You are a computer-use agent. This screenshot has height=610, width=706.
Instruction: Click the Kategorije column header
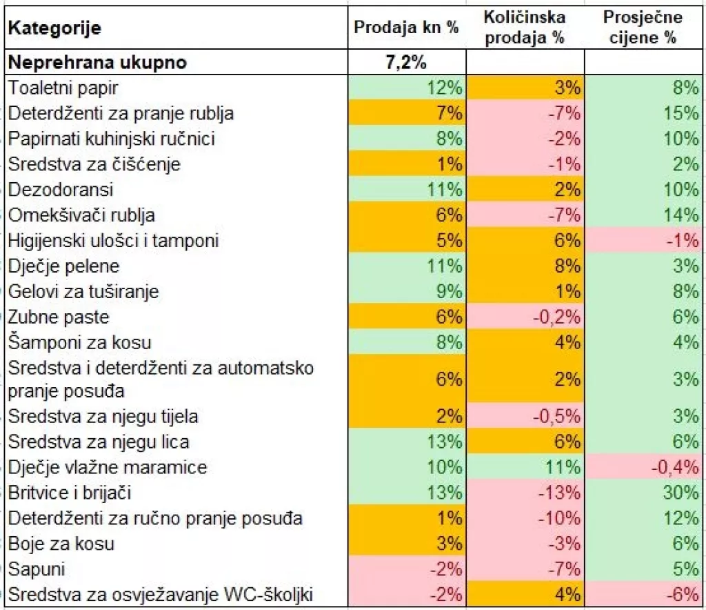click(x=55, y=29)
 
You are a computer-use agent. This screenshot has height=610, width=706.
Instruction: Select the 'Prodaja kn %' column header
click(x=406, y=28)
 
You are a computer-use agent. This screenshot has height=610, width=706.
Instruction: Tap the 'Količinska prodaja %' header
click(x=525, y=28)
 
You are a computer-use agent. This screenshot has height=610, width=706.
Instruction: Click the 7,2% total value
click(x=405, y=63)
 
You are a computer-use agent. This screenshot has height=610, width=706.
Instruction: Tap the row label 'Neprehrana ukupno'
click(x=97, y=63)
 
